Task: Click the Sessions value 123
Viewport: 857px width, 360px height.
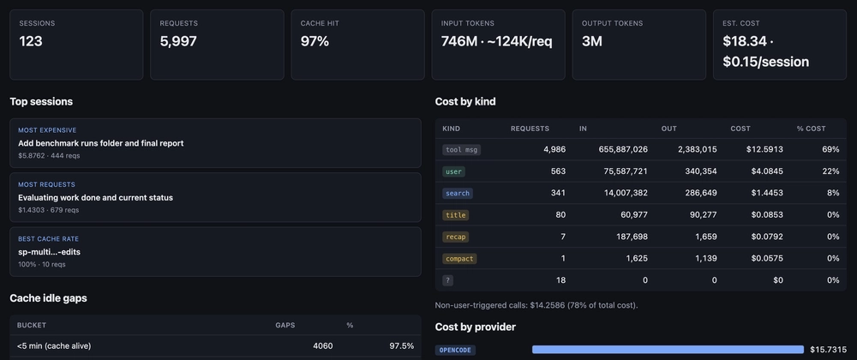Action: (x=31, y=41)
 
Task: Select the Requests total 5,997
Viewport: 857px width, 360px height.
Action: (x=178, y=41)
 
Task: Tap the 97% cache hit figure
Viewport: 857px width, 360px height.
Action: (x=315, y=41)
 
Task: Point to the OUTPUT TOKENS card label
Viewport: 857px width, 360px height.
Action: (x=612, y=23)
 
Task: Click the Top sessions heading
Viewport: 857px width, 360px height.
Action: (x=41, y=102)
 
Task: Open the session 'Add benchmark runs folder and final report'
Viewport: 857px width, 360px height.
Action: (x=101, y=143)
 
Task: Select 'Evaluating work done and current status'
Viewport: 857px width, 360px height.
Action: (x=96, y=197)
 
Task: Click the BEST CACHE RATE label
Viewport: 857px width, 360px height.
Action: (x=49, y=239)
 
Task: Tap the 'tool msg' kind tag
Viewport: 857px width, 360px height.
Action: (x=461, y=150)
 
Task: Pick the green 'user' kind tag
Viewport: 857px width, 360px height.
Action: (x=453, y=171)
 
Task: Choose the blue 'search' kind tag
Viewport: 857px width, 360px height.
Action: (x=458, y=193)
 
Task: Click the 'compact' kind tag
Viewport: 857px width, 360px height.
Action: (x=459, y=258)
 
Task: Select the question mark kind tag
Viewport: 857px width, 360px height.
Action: (x=447, y=280)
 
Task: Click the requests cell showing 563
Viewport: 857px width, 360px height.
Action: (x=558, y=171)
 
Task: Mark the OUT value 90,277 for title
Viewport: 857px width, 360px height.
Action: (x=703, y=214)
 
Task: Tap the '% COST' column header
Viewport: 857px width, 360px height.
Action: (x=811, y=129)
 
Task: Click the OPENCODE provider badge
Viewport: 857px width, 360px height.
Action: (x=455, y=350)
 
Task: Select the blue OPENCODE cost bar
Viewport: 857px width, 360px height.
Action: (x=668, y=350)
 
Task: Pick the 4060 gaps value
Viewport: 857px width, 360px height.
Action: (x=322, y=345)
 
